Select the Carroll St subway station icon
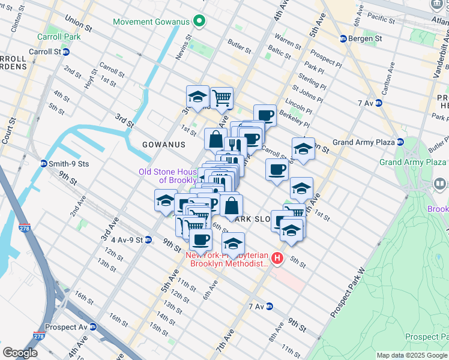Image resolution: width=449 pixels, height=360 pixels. click(66, 52)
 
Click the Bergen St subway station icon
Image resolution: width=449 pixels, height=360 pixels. click(343, 38)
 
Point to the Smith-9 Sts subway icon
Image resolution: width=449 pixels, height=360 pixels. click(44, 163)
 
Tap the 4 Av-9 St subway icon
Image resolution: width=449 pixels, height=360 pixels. click(148, 240)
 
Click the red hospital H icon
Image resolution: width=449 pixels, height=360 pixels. click(277, 259)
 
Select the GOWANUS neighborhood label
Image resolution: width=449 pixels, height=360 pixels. click(164, 145)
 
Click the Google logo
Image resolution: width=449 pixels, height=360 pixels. click(20, 353)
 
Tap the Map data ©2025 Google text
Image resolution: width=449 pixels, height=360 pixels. click(412, 355)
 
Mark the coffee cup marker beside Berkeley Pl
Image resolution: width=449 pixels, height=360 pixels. click(265, 115)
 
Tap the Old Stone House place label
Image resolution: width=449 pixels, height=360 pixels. click(168, 176)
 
